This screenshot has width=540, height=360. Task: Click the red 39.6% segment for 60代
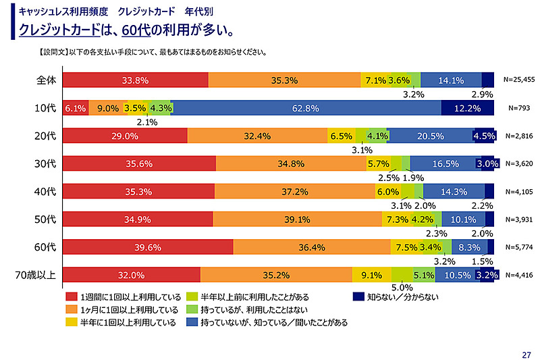click(148, 247)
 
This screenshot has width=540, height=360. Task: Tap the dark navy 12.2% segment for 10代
click(468, 108)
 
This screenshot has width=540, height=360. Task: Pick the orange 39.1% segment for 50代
click(297, 220)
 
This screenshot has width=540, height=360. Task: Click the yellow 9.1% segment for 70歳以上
click(372, 275)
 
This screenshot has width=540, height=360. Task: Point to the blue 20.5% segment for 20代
click(431, 136)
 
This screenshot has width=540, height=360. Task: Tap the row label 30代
click(45, 163)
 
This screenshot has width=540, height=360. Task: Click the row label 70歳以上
click(35, 275)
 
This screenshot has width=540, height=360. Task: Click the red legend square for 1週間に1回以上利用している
click(70, 296)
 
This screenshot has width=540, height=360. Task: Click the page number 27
click(526, 352)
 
